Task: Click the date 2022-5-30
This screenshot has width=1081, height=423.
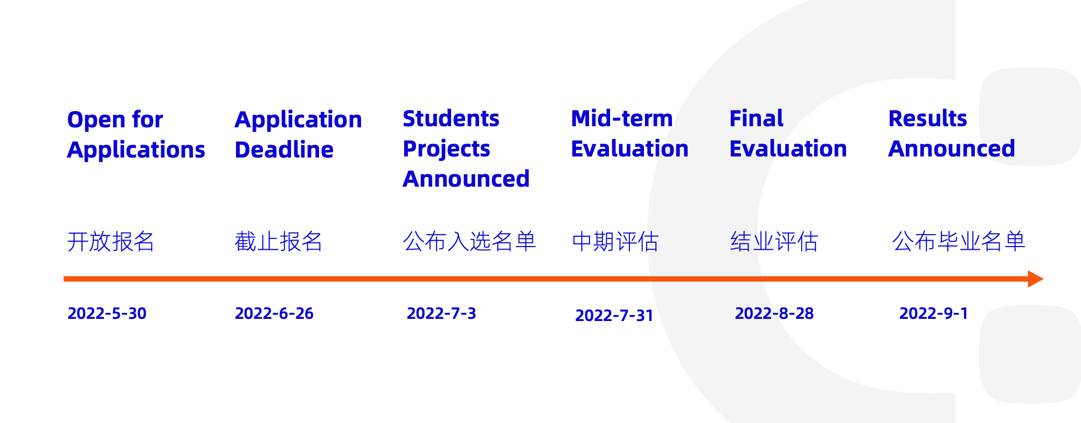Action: point(107,313)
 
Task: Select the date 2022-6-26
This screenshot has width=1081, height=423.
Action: point(274,313)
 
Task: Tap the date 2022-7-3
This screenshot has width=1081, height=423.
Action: point(441,313)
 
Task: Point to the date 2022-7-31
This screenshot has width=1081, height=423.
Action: point(614,316)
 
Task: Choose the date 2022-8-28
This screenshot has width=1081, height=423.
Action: point(774,313)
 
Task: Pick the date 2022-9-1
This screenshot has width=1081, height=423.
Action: point(933,313)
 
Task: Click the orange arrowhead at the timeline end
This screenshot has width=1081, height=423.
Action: point(1035,279)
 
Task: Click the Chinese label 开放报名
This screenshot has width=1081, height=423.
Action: point(110,241)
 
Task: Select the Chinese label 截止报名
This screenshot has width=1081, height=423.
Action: point(278,241)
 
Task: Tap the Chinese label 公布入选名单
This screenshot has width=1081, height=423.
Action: point(469,241)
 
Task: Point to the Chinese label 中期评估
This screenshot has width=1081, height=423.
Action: point(615,241)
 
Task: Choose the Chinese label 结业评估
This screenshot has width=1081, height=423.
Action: point(774,241)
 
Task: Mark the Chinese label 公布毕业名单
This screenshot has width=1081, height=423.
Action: point(958,241)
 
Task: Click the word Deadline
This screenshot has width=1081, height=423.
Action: point(284,149)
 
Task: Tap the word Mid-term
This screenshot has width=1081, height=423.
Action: point(621,119)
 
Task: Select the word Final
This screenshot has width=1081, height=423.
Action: point(756,119)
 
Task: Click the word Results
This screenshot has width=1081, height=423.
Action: point(927,119)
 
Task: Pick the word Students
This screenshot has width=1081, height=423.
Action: point(451,119)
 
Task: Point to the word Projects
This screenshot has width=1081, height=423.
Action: point(446,149)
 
